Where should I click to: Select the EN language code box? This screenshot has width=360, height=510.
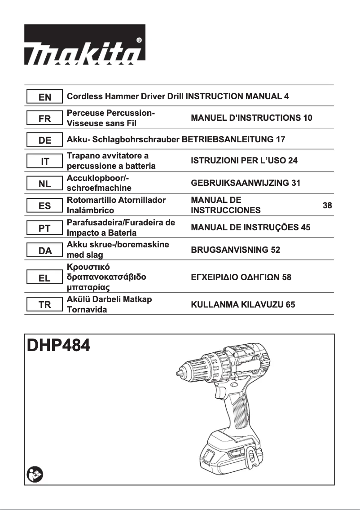tap(45, 97)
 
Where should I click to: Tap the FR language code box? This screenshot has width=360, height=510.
tap(45, 119)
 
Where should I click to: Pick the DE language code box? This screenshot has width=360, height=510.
tap(45, 141)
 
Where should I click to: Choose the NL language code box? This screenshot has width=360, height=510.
tap(45, 184)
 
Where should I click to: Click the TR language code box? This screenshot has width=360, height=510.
tap(45, 305)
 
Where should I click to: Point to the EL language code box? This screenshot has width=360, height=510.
tap(45, 278)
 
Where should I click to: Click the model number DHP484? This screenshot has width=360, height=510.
tap(59, 345)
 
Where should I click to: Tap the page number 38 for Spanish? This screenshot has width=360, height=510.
tap(327, 206)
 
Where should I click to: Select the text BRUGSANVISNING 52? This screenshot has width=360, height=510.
tap(235, 250)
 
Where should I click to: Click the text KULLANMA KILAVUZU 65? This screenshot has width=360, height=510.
tap(243, 305)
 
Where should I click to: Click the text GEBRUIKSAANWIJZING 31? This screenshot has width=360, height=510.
tap(246, 183)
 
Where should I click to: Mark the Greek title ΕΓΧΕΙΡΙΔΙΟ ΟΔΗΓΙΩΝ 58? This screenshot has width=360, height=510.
tap(241, 277)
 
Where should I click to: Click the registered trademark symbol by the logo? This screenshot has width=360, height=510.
tap(139, 40)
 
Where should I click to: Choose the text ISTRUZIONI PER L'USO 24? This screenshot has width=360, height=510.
tap(244, 161)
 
